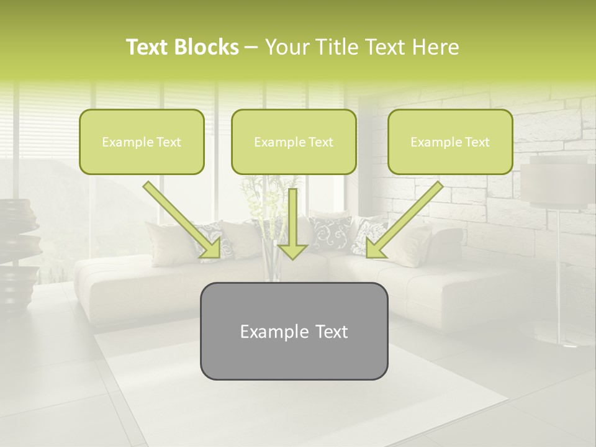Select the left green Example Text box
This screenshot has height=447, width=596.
click(x=142, y=142)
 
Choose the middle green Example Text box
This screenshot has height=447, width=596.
click(x=294, y=142)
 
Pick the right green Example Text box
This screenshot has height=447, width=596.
click(x=450, y=142)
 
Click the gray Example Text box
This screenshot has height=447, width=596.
click(x=294, y=331)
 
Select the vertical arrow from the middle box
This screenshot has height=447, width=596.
click(x=293, y=220)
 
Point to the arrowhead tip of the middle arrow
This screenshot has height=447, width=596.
click(x=293, y=258)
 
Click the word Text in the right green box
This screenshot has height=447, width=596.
click(x=477, y=142)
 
